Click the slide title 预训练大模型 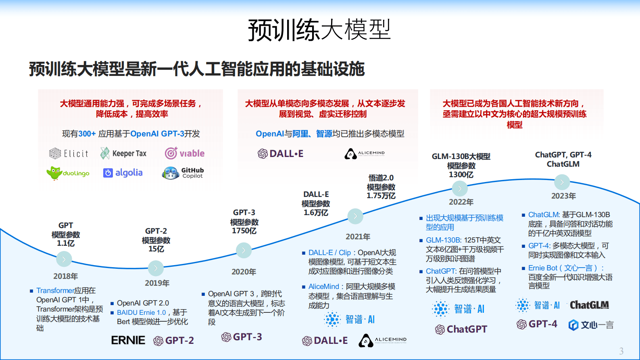[319, 30]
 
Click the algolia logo [123, 173]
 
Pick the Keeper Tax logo [123, 153]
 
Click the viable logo [184, 153]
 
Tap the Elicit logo [69, 153]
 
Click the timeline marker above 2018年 [64, 259]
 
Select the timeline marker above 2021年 [355, 216]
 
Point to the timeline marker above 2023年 [562, 182]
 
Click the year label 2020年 [244, 272]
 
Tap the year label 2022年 [461, 202]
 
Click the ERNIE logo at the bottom [128, 340]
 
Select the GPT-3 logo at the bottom [242, 337]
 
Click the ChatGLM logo [589, 305]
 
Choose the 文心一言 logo [591, 325]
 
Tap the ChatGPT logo [461, 329]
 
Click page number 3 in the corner [621, 351]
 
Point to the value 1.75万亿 [381, 196]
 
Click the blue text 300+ [87, 134]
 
